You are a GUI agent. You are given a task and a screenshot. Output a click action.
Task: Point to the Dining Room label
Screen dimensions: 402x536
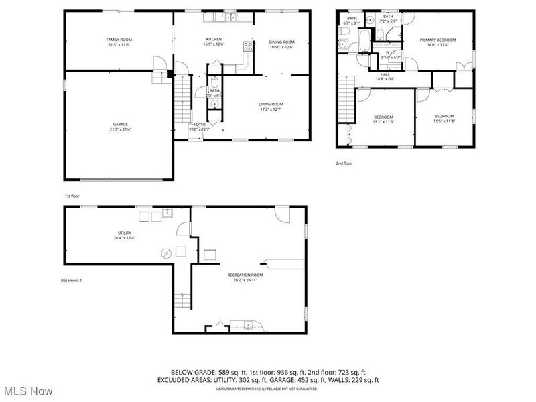281,44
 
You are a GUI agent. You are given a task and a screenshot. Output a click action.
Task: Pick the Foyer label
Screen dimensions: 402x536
200,125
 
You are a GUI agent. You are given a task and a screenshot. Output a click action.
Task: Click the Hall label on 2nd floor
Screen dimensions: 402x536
385,74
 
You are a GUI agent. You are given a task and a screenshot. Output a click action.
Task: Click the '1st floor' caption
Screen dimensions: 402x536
72,196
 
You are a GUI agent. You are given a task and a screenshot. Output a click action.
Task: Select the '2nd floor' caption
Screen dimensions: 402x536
344,163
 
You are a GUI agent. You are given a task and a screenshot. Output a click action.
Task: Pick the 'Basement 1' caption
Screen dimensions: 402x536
70,280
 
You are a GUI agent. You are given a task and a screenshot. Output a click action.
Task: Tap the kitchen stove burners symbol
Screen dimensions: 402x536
248,47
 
